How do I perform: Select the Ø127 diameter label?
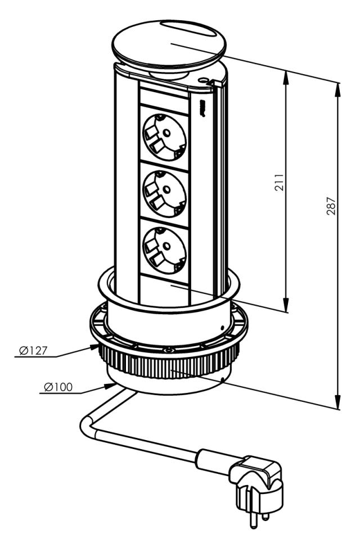pyautogui.click(x=31, y=350)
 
